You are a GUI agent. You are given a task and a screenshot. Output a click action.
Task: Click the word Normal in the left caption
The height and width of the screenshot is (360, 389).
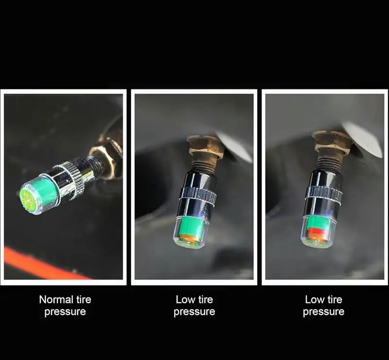[56, 300]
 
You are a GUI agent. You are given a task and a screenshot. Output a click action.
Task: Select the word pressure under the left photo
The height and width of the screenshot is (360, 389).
[65, 312]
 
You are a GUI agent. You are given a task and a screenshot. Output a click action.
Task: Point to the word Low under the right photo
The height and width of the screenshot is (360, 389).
[314, 300]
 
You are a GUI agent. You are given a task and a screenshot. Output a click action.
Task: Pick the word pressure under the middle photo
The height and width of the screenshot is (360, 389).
[194, 312]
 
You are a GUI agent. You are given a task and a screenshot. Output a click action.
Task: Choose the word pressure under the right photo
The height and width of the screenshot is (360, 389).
[324, 312]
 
